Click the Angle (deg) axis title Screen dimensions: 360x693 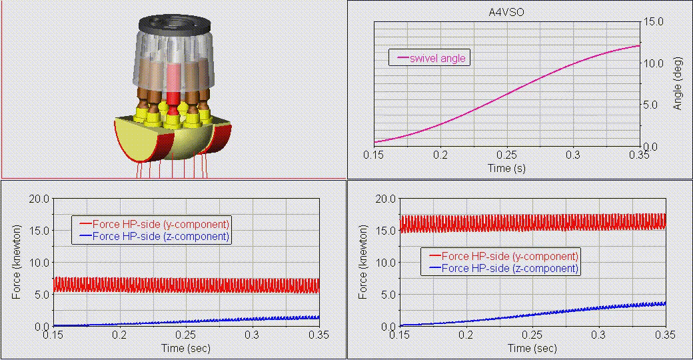click(678, 83)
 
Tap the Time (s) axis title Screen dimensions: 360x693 click(506, 168)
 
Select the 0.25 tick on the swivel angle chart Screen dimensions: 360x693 click(506, 155)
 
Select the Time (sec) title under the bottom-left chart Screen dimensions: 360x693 click(186, 348)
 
